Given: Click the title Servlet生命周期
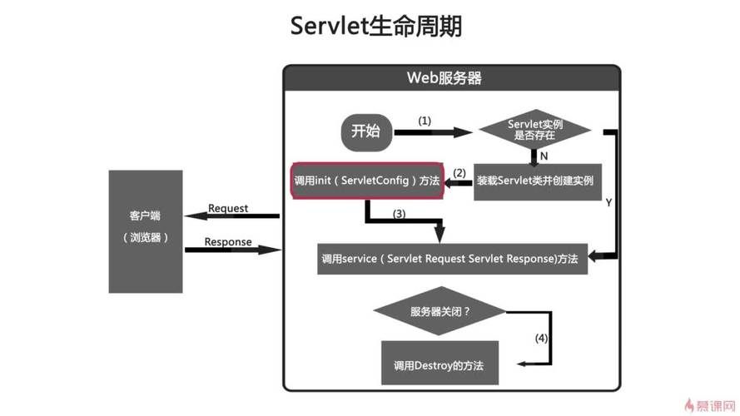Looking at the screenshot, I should (x=376, y=26).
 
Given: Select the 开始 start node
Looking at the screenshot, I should (x=365, y=131).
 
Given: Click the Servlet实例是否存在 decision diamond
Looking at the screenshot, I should (x=534, y=130).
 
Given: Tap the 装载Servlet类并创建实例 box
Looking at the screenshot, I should (x=534, y=181).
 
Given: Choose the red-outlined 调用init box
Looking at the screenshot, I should (x=365, y=181).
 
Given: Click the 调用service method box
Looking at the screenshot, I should (x=449, y=259).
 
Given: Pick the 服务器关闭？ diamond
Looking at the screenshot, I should (x=440, y=312).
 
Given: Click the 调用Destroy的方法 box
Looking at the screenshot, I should (x=439, y=364).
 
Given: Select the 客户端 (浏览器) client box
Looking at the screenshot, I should (x=146, y=231).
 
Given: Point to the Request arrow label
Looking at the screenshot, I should (x=228, y=208).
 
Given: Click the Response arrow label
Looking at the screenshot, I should (x=228, y=242).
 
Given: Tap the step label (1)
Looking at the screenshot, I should (x=425, y=121).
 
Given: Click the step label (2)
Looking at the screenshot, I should (x=459, y=173).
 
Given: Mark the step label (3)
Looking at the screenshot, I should (x=399, y=214).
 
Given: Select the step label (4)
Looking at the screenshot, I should (x=541, y=339).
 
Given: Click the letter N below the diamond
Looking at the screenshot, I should (x=544, y=155).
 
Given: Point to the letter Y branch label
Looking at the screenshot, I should (x=608, y=202).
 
